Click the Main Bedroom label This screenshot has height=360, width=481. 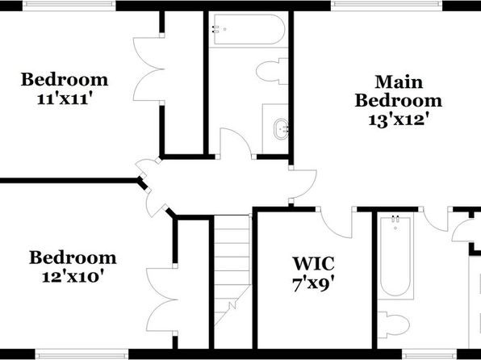click(399, 91)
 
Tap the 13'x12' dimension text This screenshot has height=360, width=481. click(398, 120)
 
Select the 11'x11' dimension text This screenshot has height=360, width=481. click(65, 98)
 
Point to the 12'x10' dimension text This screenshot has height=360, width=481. click(73, 277)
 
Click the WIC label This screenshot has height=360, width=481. click(313, 264)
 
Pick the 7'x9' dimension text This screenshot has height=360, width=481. click(313, 284)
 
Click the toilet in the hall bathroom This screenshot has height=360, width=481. click(272, 71)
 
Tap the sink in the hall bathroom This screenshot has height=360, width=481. click(282, 129)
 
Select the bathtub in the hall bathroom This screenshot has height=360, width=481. click(249, 30)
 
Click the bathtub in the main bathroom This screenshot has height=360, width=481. click(395, 257)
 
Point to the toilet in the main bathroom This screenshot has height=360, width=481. click(394, 325)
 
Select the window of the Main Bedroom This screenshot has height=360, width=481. click(387, 4)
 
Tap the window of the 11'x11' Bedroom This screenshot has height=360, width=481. click(69, 4)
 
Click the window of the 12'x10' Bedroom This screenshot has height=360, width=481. click(82, 355)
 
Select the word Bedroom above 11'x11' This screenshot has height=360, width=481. click(65, 79)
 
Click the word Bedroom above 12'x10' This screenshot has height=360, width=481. click(73, 257)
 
